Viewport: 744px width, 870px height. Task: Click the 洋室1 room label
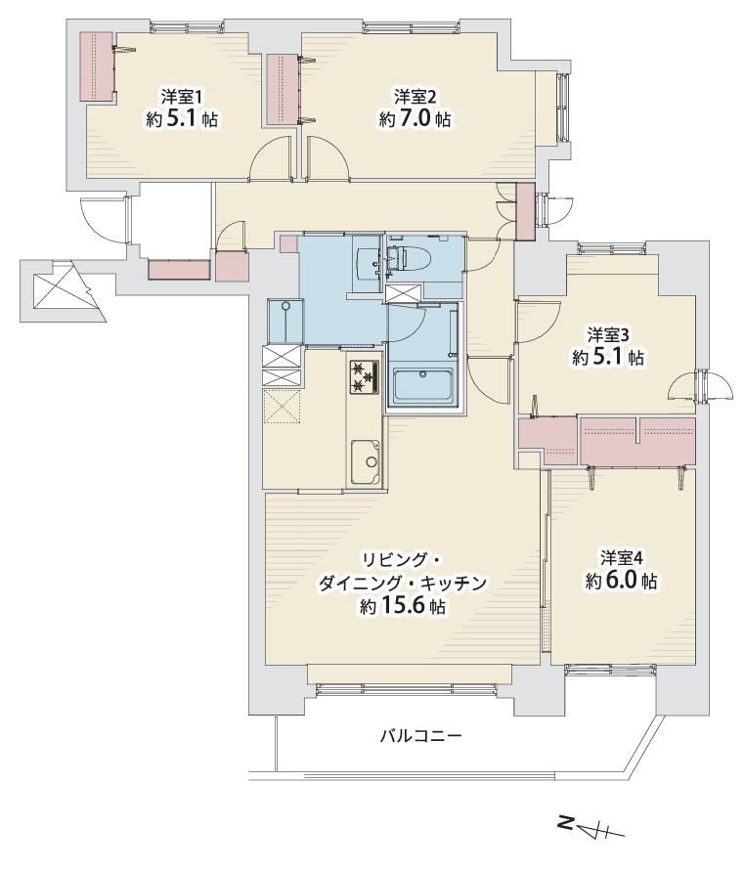(181, 98)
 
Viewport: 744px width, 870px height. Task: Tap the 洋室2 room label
(415, 98)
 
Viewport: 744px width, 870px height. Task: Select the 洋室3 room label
(608, 335)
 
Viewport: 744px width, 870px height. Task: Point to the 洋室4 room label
(622, 557)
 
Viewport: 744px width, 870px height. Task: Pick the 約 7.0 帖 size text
(415, 119)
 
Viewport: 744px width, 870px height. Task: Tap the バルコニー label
(421, 737)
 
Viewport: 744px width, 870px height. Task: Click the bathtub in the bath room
(422, 385)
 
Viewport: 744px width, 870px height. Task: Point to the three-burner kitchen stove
(365, 377)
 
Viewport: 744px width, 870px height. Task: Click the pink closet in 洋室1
(97, 66)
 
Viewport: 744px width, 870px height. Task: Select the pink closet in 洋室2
(283, 89)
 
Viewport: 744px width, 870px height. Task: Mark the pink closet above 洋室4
(637, 441)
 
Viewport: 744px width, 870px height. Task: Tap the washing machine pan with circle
(285, 322)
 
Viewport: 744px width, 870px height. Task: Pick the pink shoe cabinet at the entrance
(180, 269)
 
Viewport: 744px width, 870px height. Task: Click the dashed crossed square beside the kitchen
(283, 407)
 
